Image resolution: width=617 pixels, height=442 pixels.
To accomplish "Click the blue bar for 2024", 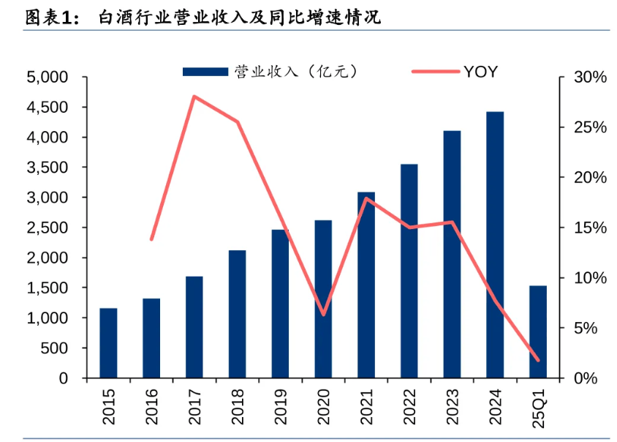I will point(495,245).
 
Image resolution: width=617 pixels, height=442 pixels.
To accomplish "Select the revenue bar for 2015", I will point(108,343).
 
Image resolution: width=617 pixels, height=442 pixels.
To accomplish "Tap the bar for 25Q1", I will point(538,332).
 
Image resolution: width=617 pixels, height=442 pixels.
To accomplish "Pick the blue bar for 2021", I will point(366,285).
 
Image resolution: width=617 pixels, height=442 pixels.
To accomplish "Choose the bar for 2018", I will point(237,315).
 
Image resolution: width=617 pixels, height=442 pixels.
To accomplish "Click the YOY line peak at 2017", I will point(194,97).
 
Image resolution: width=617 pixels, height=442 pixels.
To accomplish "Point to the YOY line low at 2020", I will point(323,315).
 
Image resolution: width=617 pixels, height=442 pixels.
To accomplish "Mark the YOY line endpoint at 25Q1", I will point(538,360).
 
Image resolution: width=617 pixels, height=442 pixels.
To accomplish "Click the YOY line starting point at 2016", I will point(151,239).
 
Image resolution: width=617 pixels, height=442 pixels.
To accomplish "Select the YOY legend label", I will point(480,71).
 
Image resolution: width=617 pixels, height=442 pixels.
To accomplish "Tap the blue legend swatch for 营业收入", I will point(205,71).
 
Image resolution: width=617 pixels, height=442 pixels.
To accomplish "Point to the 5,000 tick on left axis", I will point(47,77).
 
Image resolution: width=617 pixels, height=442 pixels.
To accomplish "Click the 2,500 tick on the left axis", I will point(47,228).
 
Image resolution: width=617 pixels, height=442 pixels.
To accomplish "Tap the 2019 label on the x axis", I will point(280,407).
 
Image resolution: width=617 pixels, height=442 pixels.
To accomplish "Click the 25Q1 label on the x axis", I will point(539,407).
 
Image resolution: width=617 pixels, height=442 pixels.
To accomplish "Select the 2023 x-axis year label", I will point(453,407).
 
